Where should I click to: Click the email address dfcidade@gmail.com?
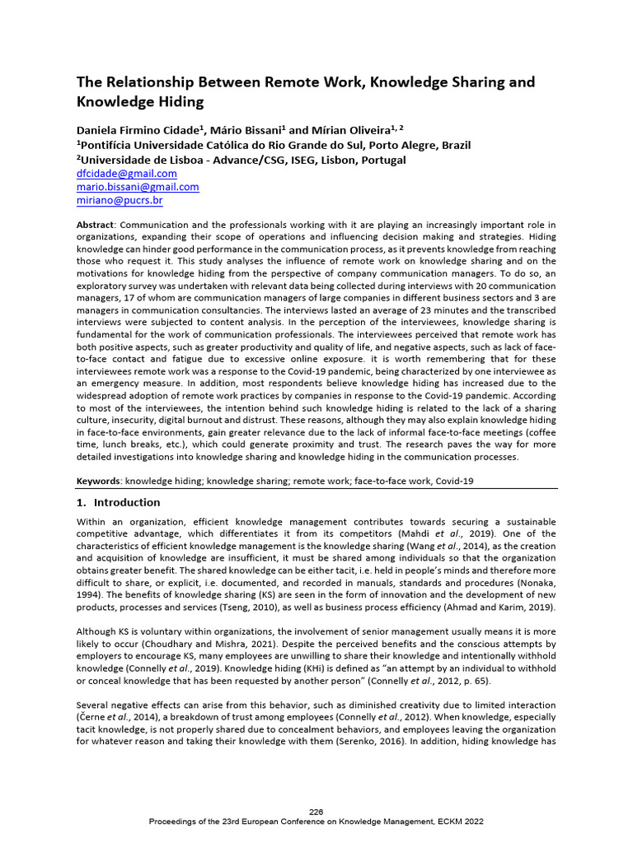126,174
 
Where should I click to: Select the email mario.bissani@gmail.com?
138,187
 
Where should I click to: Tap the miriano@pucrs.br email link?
120,200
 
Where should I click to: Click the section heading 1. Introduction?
118,502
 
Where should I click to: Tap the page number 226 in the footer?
316,813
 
